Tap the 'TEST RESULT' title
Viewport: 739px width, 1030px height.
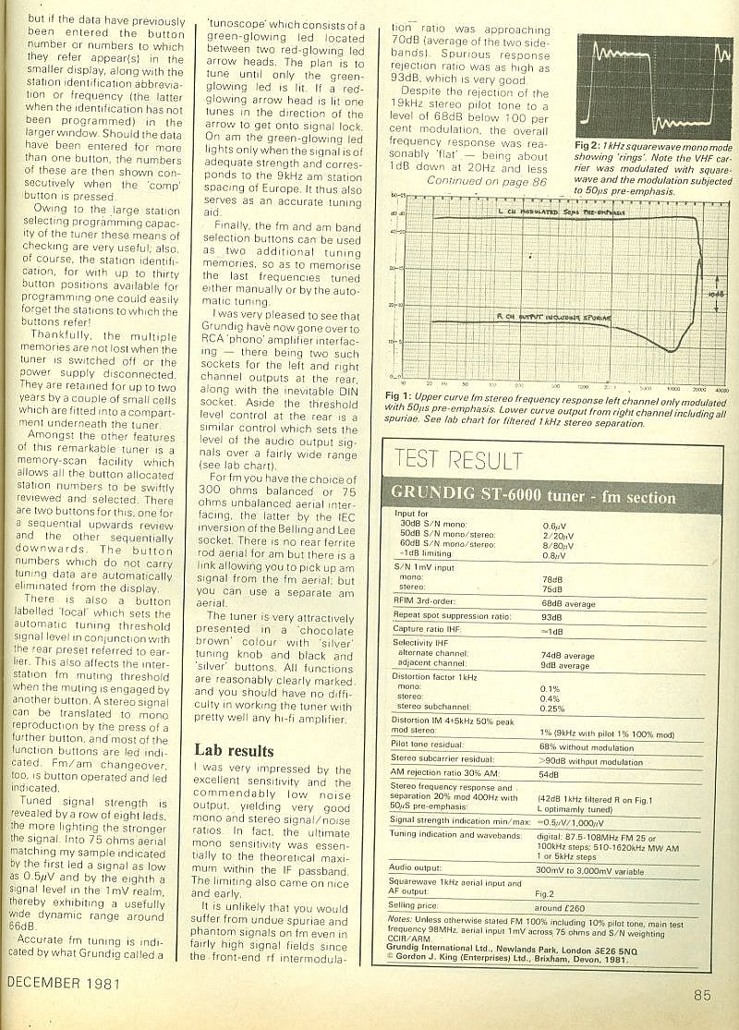point(457,458)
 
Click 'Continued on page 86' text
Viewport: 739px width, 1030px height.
point(487,182)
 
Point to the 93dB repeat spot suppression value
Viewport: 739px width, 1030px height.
point(551,616)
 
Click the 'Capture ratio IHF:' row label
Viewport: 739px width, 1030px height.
point(427,630)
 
